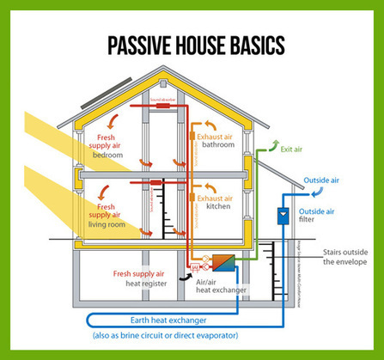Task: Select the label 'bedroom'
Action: click(109, 156)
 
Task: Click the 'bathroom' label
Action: click(218, 145)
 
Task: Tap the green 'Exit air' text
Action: click(292, 149)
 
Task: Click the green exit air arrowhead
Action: click(274, 143)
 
